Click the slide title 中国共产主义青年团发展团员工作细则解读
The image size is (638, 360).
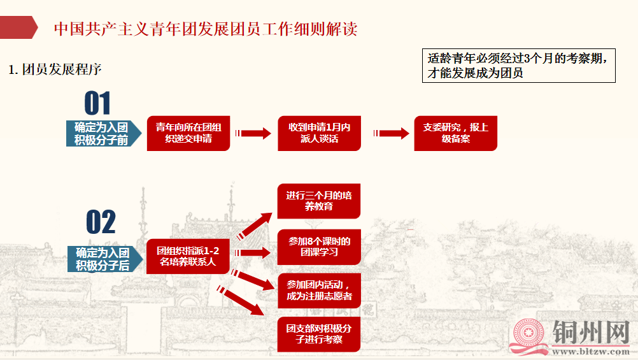pos(205,29)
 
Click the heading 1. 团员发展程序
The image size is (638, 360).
pos(55,69)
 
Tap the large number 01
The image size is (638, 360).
pos(97,103)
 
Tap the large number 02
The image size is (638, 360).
pos(101,222)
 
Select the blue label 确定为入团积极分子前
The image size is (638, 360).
pos(102,133)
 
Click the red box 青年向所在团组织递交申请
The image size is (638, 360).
pos(188,133)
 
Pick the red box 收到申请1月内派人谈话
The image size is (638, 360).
pos(319,133)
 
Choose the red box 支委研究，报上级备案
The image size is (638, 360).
pos(455,133)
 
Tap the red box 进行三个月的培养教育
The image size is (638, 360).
pos(319,201)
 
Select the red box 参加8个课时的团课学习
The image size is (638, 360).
pos(319,247)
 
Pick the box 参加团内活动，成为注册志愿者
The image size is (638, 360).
pos(319,290)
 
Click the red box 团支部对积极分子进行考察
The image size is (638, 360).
pos(319,334)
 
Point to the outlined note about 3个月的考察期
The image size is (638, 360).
pos(518,66)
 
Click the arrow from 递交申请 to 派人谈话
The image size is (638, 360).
pos(253,133)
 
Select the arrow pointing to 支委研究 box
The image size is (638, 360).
pos(392,133)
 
